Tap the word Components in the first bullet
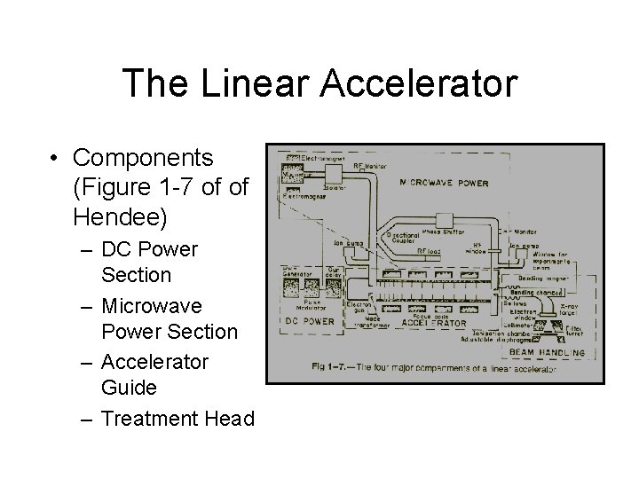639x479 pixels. tap(144, 158)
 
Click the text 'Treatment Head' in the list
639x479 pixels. tap(177, 418)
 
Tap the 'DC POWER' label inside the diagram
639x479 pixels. tap(307, 322)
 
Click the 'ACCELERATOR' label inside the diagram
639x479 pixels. tap(436, 324)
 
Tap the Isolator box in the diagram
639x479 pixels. tap(335, 188)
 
